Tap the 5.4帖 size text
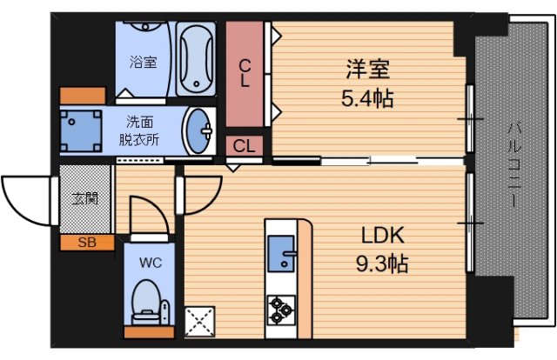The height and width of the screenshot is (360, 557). pyautogui.click(x=366, y=98)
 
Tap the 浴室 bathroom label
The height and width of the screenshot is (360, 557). pyautogui.click(x=144, y=63)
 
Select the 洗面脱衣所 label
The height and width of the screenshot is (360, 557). pyautogui.click(x=139, y=130)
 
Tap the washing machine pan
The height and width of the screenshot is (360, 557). pyautogui.click(x=80, y=131)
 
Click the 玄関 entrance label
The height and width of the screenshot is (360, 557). pyautogui.click(x=84, y=198)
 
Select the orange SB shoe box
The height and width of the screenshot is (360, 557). pyautogui.click(x=86, y=242)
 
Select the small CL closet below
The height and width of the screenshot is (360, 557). pyautogui.click(x=245, y=146)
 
